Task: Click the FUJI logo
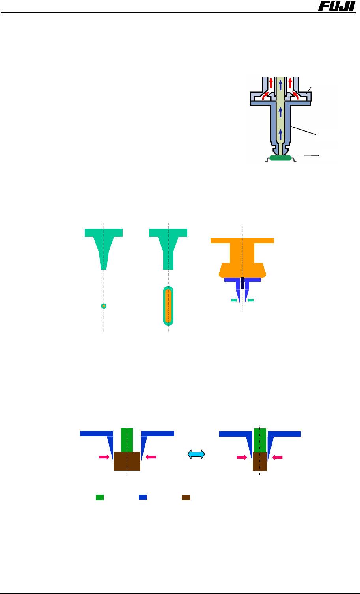(x=336, y=6)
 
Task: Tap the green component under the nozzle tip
(x=281, y=158)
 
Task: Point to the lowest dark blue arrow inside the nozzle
(x=280, y=134)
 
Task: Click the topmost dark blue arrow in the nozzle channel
(x=280, y=85)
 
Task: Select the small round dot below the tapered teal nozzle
(x=104, y=306)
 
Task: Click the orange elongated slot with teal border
(x=168, y=306)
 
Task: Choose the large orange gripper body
(x=242, y=258)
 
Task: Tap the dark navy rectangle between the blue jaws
(x=242, y=283)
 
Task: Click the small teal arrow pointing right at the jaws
(x=234, y=300)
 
